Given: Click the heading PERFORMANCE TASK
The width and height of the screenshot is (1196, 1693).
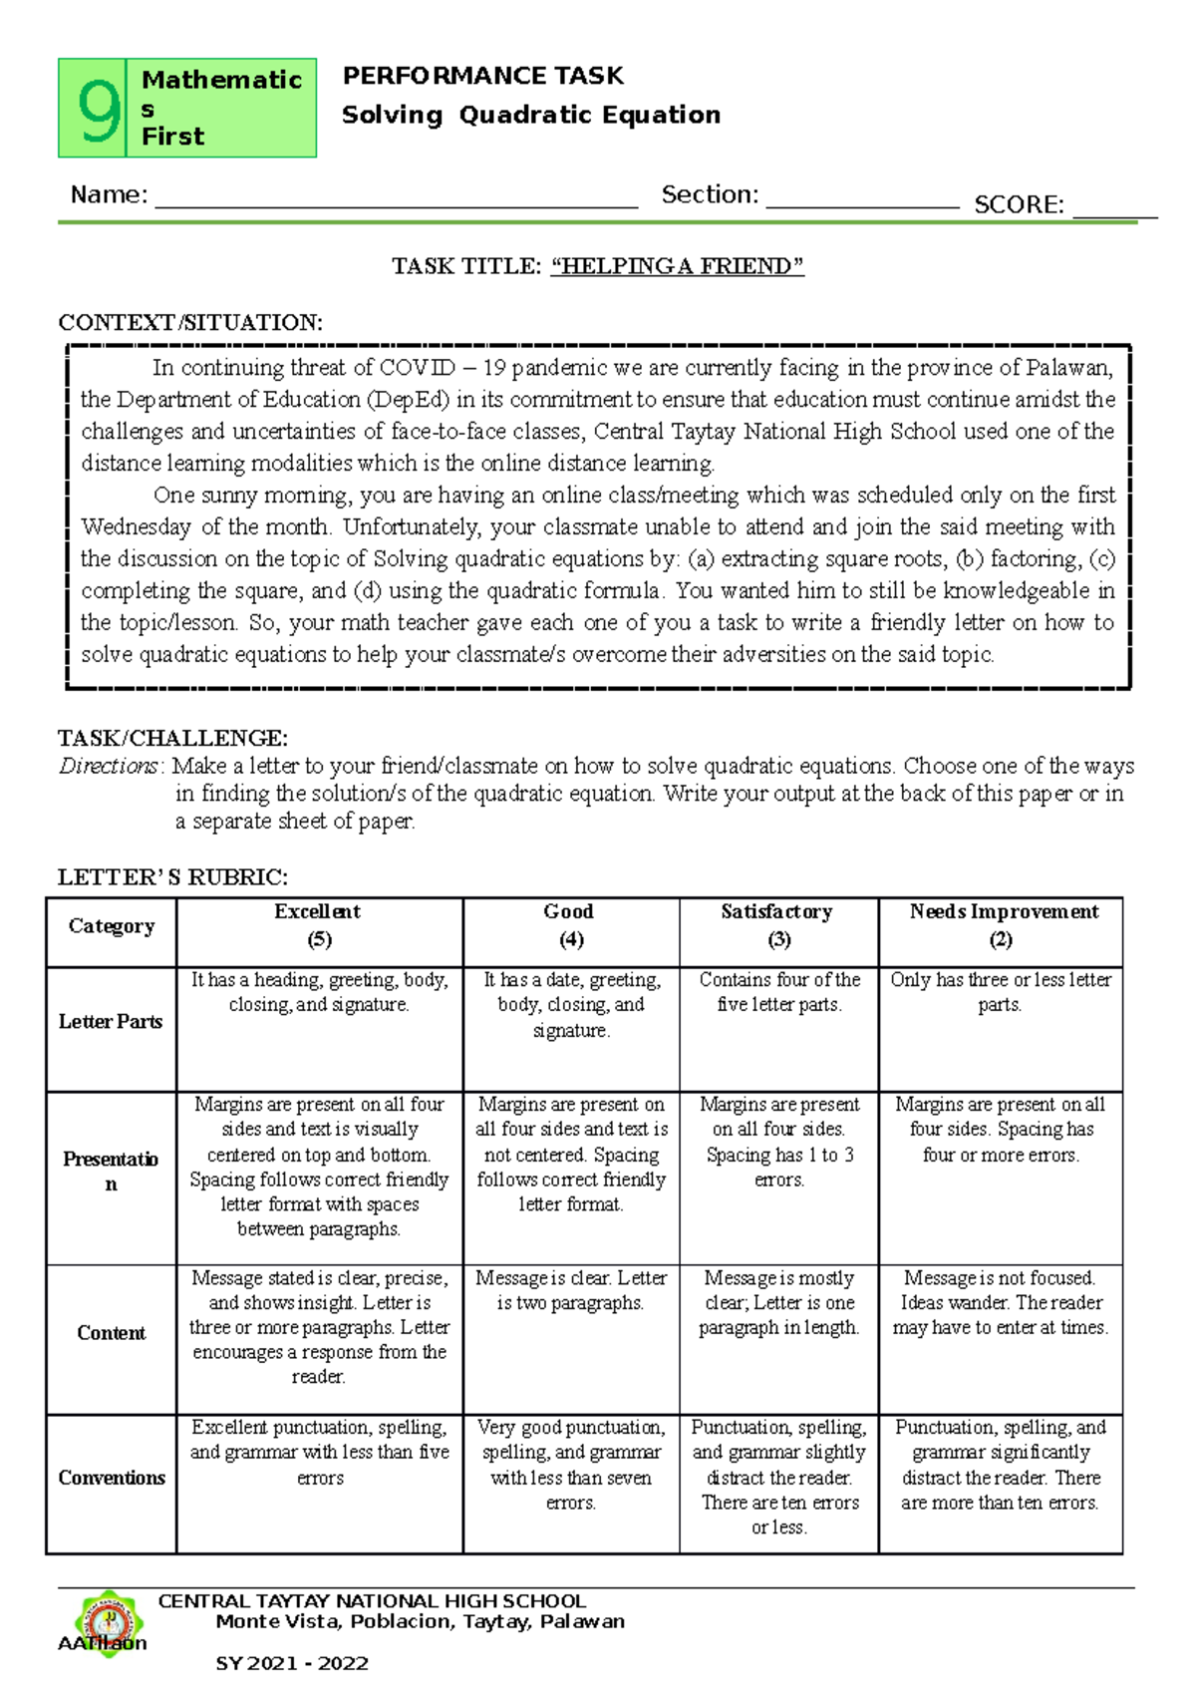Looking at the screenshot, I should pos(482,76).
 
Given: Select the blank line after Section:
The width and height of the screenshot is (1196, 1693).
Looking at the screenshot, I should pos(861,199).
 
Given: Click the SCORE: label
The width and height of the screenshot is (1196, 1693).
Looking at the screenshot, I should pos(1019,205).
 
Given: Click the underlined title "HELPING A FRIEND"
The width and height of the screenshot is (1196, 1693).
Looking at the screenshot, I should pos(677,266).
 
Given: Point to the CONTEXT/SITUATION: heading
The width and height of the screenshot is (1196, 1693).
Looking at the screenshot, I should pos(189,323).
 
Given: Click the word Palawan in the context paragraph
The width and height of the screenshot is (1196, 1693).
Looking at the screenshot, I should pos(1069,368).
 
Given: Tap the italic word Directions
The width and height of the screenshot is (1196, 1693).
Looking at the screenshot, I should pos(108,766).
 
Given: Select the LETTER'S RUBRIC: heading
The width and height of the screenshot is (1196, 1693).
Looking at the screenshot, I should pos(172,877).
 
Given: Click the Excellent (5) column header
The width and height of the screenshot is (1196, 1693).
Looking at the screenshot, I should pos(318,926).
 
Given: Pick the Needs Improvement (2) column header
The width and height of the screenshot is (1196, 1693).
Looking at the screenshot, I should pos(1002,926).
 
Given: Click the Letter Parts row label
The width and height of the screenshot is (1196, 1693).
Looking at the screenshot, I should pos(111,1022).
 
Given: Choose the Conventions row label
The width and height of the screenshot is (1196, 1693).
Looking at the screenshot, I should pos(111,1478).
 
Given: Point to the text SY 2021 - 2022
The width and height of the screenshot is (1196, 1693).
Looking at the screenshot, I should pos(292,1663).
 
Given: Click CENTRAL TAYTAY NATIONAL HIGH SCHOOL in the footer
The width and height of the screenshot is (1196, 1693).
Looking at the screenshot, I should pos(372,1601).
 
